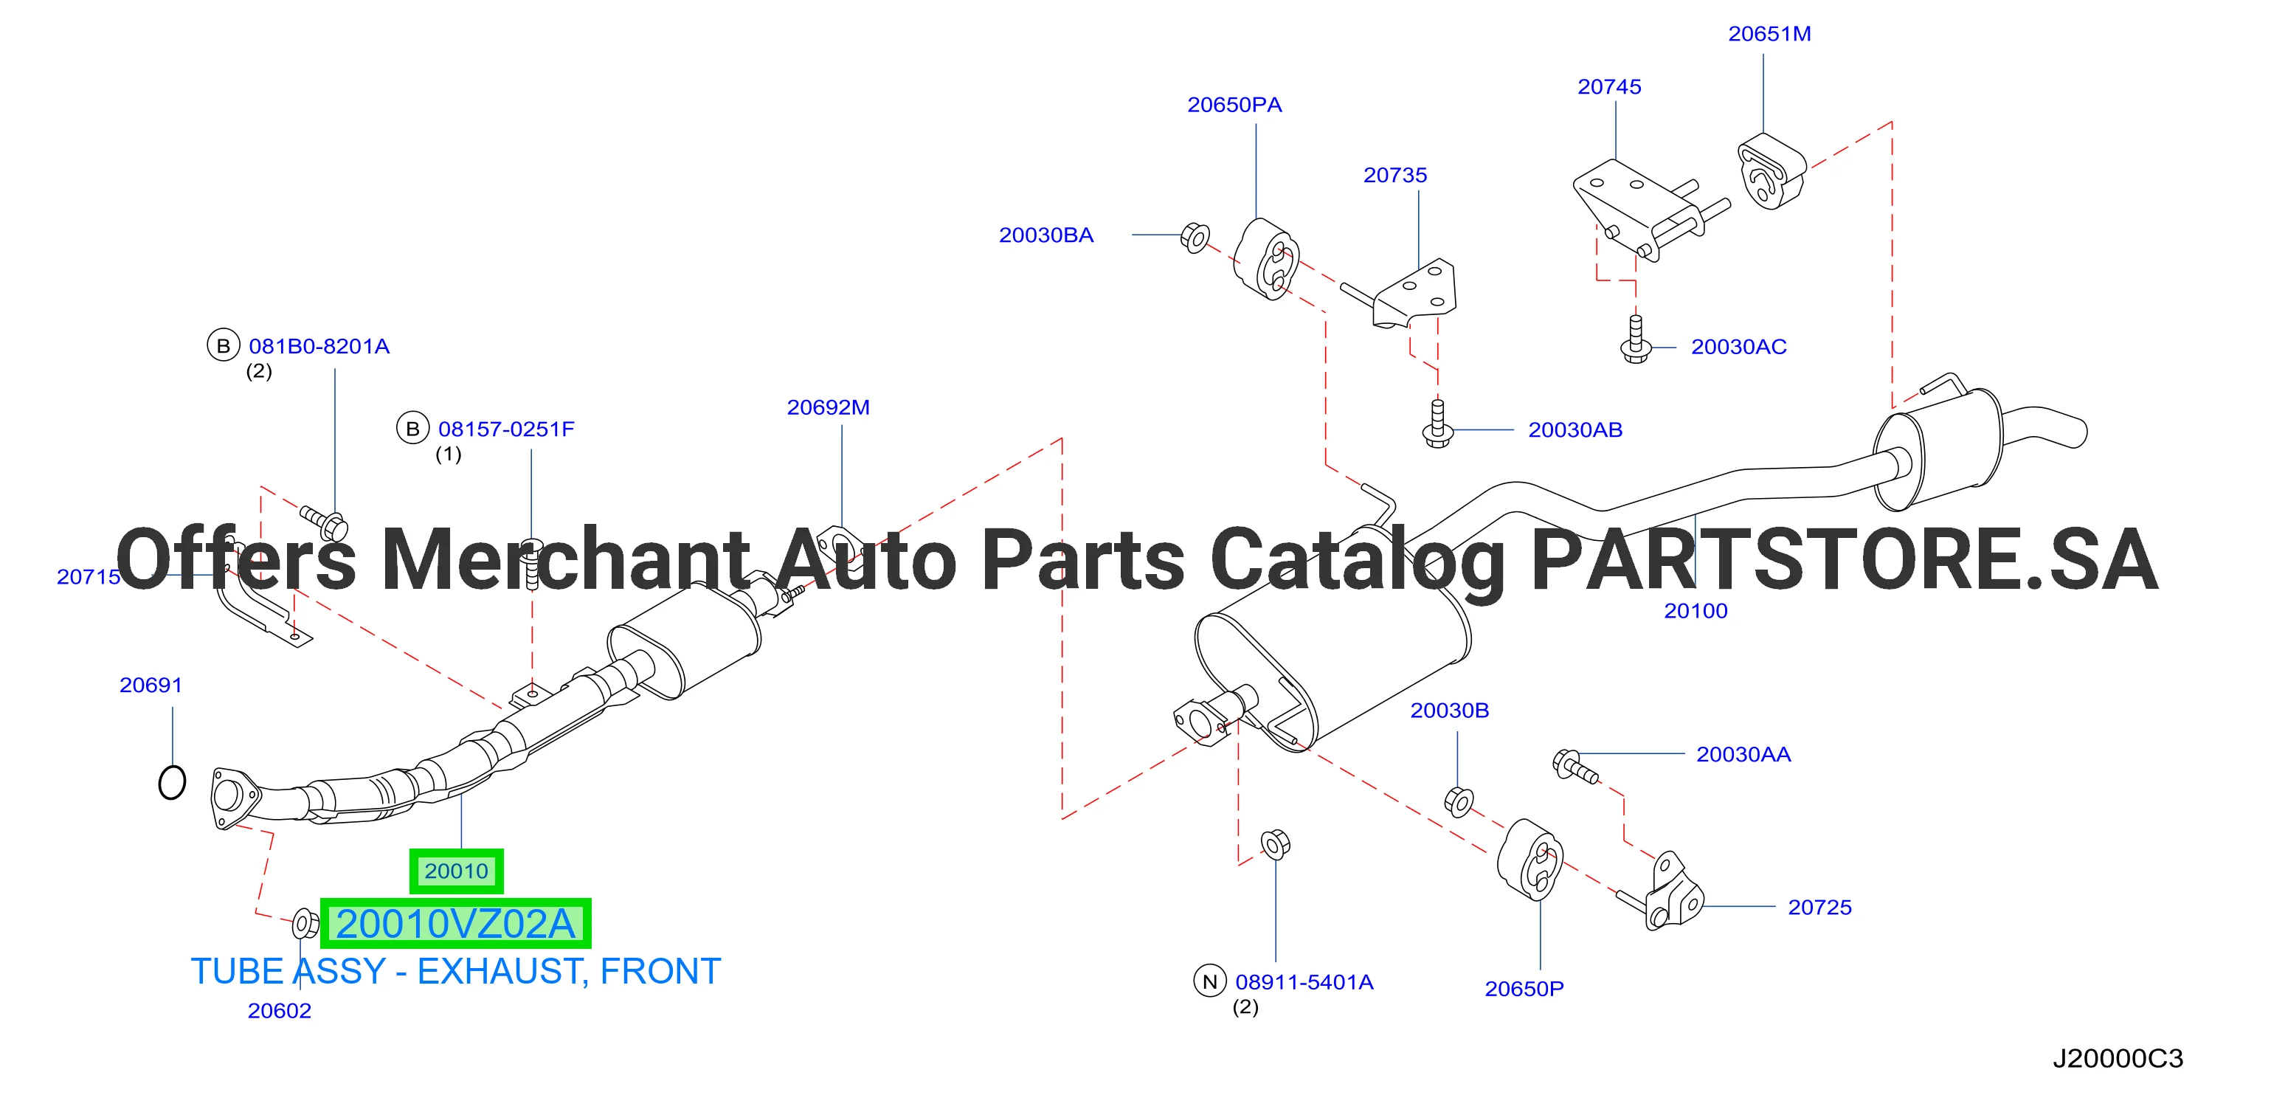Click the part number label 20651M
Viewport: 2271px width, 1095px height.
click(x=1769, y=33)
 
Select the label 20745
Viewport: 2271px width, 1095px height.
click(x=1609, y=86)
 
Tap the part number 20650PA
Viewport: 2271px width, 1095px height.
click(x=1234, y=104)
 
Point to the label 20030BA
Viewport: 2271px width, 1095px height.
click(x=1045, y=235)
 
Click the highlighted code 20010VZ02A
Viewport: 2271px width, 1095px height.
click(x=456, y=923)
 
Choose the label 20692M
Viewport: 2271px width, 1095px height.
click(x=828, y=407)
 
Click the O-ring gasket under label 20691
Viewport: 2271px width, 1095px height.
click(x=172, y=782)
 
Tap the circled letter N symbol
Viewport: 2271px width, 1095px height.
click(x=1209, y=981)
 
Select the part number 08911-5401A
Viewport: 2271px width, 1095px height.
click(x=1304, y=982)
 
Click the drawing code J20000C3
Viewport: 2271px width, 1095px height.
click(x=2118, y=1058)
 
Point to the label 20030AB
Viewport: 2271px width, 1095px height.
click(x=1575, y=429)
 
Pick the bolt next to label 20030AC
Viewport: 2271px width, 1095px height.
click(x=1635, y=340)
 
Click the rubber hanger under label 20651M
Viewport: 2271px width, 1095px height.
click(x=1771, y=171)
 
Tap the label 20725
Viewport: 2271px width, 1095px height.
click(x=1819, y=907)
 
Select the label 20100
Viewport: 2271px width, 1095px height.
click(x=1696, y=611)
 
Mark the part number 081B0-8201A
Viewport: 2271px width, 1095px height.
click(x=319, y=347)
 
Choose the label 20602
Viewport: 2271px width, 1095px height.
click(x=280, y=1010)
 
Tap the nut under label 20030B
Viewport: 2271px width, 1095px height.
click(x=1458, y=801)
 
